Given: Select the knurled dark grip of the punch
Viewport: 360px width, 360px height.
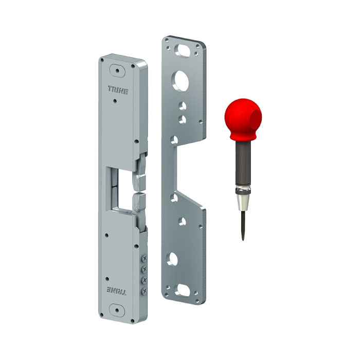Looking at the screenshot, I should (243, 165).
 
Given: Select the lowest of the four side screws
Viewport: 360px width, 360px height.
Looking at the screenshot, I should (145, 291).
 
